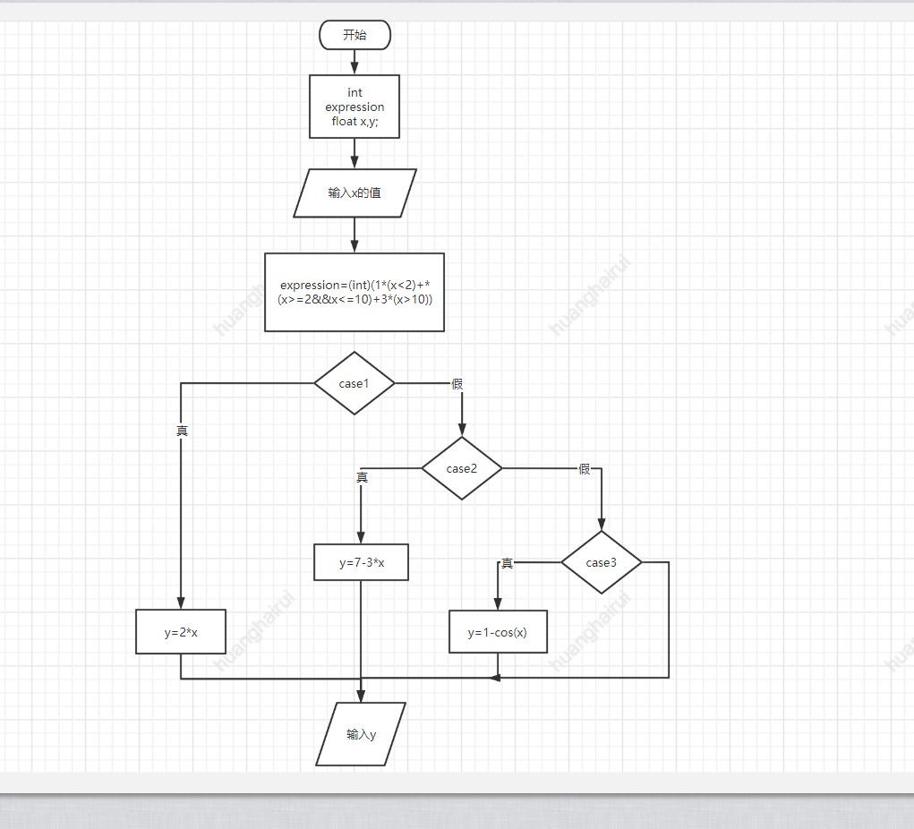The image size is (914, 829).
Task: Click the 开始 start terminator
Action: pyautogui.click(x=354, y=35)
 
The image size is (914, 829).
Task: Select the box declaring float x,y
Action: pyautogui.click(x=354, y=107)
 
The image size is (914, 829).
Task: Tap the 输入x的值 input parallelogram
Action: pyautogui.click(x=354, y=192)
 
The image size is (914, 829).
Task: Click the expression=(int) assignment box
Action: pyautogui.click(x=354, y=292)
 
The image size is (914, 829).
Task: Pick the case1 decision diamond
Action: pyautogui.click(x=354, y=383)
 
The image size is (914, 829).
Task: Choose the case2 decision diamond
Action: pyautogui.click(x=462, y=468)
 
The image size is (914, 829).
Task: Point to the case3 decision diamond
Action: pyautogui.click(x=602, y=562)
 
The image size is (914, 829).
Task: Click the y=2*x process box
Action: pyautogui.click(x=181, y=632)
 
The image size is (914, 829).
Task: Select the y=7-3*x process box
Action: pyautogui.click(x=361, y=563)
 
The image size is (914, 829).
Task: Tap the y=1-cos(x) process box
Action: pyautogui.click(x=498, y=632)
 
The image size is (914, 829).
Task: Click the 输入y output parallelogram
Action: pyautogui.click(x=361, y=734)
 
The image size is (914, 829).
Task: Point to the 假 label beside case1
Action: pyautogui.click(x=457, y=384)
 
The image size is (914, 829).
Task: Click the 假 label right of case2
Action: pyautogui.click(x=585, y=469)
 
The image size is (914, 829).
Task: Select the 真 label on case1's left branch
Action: pyautogui.click(x=182, y=431)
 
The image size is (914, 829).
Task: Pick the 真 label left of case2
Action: pyautogui.click(x=362, y=477)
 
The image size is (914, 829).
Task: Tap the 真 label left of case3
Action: pyautogui.click(x=507, y=563)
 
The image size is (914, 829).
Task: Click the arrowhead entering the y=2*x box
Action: pyautogui.click(x=181, y=603)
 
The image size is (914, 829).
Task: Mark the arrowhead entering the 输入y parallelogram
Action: pyautogui.click(x=361, y=696)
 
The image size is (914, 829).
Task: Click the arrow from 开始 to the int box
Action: pyautogui.click(x=354, y=62)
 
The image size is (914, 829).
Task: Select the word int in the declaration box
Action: pyautogui.click(x=354, y=92)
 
